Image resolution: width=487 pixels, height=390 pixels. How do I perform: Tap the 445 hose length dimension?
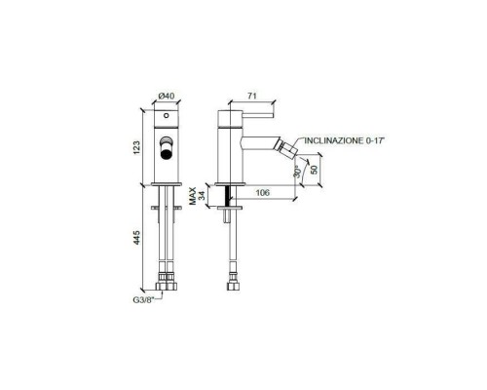[x=136, y=238]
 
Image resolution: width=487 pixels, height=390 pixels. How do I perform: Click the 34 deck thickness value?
[x=202, y=195]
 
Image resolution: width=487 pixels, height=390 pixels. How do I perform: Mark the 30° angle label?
[x=298, y=176]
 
